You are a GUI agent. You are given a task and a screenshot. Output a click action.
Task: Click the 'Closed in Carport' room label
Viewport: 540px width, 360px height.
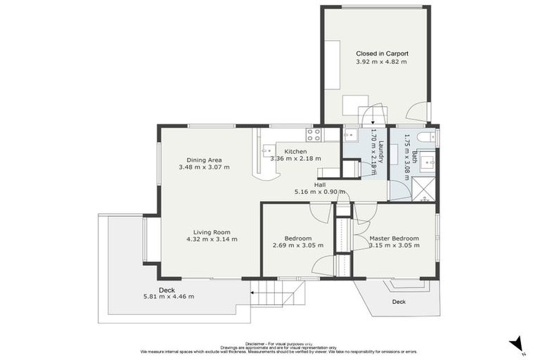382,53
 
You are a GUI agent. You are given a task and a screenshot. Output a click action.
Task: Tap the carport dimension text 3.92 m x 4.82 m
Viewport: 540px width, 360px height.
382,62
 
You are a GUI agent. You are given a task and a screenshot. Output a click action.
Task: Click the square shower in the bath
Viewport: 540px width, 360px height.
423,189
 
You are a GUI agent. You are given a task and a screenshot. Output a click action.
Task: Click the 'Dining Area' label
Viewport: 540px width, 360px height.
204,160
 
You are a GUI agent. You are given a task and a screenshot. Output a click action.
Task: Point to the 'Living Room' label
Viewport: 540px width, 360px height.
212,232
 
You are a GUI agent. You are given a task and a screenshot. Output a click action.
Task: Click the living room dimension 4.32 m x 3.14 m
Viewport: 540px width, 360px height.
212,240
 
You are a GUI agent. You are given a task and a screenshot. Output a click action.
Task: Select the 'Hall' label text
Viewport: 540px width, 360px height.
319,184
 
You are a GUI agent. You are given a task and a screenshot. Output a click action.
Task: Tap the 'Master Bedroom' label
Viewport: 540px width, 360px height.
394,238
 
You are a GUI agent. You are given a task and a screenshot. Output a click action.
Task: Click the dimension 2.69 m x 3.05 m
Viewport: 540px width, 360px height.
297,245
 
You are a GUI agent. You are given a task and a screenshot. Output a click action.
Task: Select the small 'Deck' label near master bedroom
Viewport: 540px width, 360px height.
398,302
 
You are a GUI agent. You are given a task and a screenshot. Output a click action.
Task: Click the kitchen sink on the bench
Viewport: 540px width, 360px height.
268,150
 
